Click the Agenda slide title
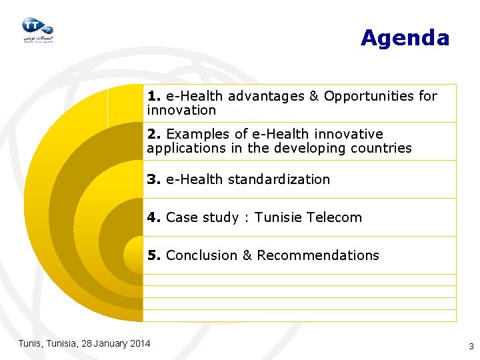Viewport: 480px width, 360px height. tap(405, 38)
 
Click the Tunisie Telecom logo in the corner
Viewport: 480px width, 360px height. tap(37, 29)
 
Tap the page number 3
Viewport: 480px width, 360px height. tap(471, 346)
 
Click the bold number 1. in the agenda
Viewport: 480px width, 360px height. tap(155, 96)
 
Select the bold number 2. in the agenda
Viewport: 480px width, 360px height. tap(155, 134)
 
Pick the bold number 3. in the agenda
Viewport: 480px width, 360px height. tap(155, 179)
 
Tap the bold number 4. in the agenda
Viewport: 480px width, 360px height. tap(155, 217)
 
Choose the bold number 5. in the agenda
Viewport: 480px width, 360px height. tap(155, 255)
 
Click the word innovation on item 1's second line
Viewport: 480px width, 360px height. tap(181, 110)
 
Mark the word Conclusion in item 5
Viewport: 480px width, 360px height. tap(200, 255)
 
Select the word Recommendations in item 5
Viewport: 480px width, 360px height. tap(317, 255)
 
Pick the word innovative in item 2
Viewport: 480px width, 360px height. tap(351, 134)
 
